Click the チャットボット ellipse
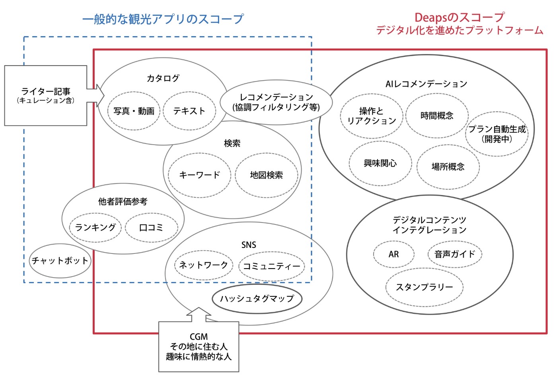[x=60, y=261]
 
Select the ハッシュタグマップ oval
[x=257, y=299]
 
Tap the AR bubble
[x=393, y=254]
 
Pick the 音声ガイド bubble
[x=455, y=254]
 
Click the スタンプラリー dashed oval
[x=424, y=287]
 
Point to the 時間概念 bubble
[x=437, y=116]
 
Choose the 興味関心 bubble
[x=380, y=163]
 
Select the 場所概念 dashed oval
[x=448, y=166]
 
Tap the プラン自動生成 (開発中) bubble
[x=497, y=134]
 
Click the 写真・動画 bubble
[x=134, y=111]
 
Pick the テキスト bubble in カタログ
[x=189, y=111]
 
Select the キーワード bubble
[x=199, y=175]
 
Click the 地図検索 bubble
[x=266, y=175]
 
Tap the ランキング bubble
[x=95, y=228]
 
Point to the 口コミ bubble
[x=152, y=228]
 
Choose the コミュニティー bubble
[x=271, y=266]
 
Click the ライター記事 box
[x=46, y=96]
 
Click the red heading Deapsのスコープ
[x=460, y=17]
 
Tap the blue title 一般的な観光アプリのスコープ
[x=163, y=19]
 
